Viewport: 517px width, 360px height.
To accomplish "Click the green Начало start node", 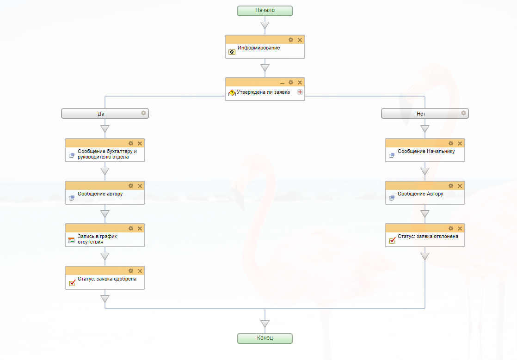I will pyautogui.click(x=265, y=11).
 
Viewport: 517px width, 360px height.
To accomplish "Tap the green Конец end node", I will pyautogui.click(x=265, y=338).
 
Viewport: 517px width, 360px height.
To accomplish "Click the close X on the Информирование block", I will pyautogui.click(x=300, y=40).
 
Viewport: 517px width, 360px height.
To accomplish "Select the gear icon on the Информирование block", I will pyautogui.click(x=291, y=40).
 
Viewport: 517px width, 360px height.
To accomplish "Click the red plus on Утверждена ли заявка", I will pyautogui.click(x=300, y=92).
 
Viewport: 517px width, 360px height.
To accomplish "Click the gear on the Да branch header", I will pyautogui.click(x=143, y=113).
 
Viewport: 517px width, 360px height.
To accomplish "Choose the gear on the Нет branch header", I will pyautogui.click(x=463, y=113).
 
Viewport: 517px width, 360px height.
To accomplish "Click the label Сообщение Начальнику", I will pyautogui.click(x=426, y=151).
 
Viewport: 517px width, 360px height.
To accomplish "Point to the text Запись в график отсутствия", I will pyautogui.click(x=97, y=238).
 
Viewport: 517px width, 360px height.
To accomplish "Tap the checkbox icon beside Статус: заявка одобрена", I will pyautogui.click(x=72, y=283).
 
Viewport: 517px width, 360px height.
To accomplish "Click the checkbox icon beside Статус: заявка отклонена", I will pyautogui.click(x=392, y=240).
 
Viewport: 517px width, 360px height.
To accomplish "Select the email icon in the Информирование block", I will pyautogui.click(x=232, y=52).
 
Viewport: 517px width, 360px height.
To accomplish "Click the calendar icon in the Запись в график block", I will pyautogui.click(x=71, y=240).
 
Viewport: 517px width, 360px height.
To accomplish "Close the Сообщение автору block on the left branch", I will pyautogui.click(x=140, y=186).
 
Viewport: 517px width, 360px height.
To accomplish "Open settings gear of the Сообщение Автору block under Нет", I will pyautogui.click(x=451, y=186).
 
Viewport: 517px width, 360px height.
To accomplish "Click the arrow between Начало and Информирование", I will pyautogui.click(x=265, y=25).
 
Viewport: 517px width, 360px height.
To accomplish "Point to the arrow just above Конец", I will pyautogui.click(x=265, y=324).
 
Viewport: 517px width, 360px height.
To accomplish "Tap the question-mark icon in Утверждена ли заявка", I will pyautogui.click(x=232, y=93).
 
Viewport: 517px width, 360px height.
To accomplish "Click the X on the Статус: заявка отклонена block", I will pyautogui.click(x=460, y=228).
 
